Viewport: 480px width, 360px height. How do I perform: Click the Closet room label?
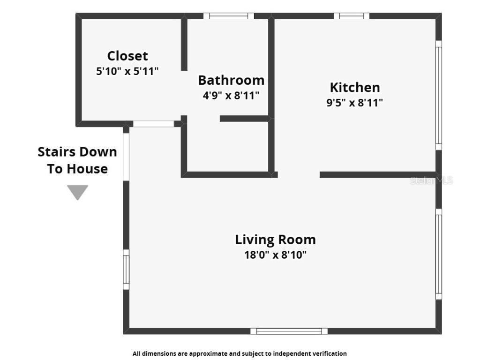(127, 56)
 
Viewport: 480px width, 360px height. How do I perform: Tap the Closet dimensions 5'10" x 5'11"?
(127, 72)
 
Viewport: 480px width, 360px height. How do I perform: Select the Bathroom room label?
(231, 80)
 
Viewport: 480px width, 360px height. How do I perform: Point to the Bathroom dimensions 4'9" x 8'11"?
(231, 96)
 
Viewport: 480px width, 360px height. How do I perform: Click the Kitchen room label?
(355, 87)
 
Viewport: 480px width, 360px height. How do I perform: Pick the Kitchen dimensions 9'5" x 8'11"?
(355, 103)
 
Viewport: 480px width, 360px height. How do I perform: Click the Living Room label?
(275, 240)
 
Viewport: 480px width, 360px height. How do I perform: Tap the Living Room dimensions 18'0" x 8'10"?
(275, 255)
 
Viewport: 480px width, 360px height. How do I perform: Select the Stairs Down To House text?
(77, 160)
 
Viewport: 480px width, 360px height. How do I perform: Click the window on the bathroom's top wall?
(229, 16)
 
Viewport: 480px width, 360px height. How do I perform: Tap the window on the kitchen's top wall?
(352, 16)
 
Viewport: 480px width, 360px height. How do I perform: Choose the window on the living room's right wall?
(439, 254)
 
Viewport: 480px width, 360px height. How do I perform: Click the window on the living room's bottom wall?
(289, 331)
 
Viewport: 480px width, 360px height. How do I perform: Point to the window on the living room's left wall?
(126, 270)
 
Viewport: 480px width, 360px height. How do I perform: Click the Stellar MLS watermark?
(431, 180)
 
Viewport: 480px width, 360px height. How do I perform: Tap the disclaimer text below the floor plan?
(240, 353)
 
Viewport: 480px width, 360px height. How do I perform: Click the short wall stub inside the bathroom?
(244, 119)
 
